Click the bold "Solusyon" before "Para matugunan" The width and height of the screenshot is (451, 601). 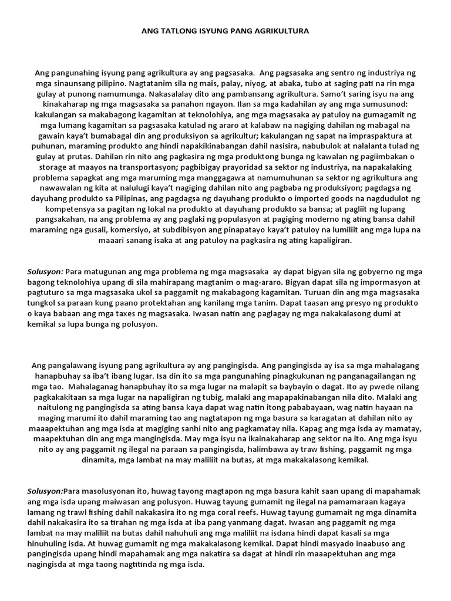pos(45,272)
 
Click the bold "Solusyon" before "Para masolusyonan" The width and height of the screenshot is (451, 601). pos(45,491)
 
